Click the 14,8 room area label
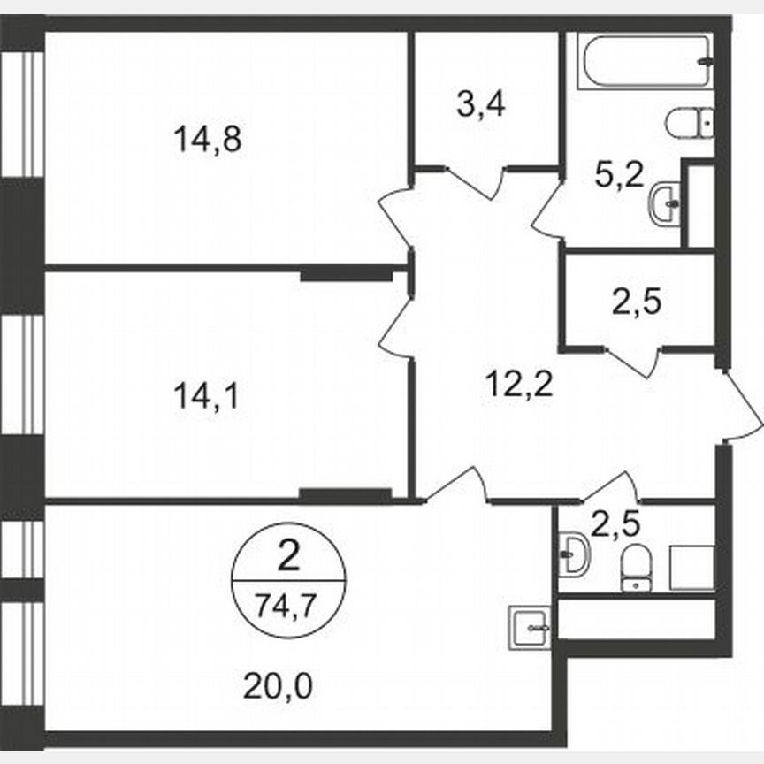[x=208, y=139]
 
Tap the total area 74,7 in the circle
[x=286, y=606]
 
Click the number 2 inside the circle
[x=287, y=558]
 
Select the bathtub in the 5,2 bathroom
[x=646, y=61]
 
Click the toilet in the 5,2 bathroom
[x=690, y=122]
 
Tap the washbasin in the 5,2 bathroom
[x=665, y=204]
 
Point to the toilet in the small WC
[x=634, y=568]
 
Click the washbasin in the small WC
[x=574, y=554]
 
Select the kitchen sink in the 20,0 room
[x=530, y=629]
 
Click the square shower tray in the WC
[x=691, y=568]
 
